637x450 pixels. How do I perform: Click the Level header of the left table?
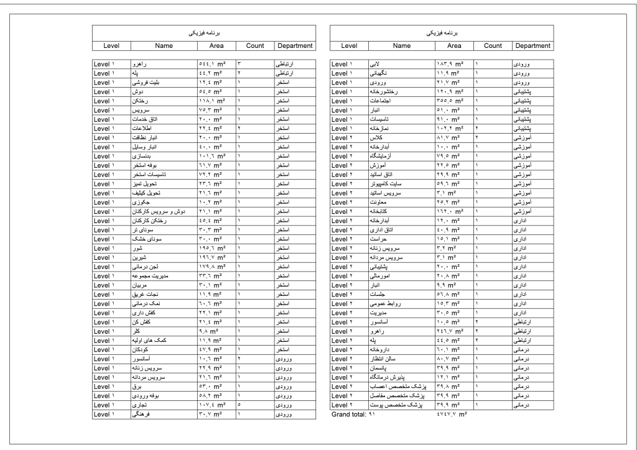point(111,45)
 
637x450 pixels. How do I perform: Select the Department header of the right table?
point(532,45)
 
